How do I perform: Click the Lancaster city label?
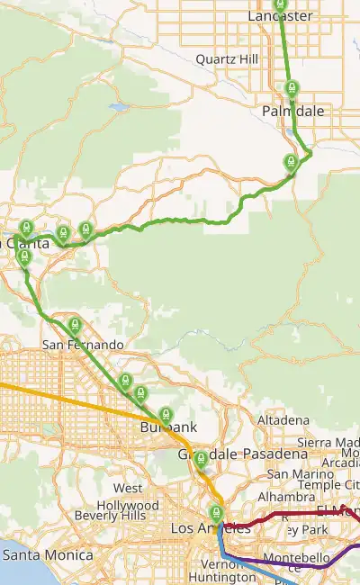point(280,16)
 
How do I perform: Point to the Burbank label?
point(162,430)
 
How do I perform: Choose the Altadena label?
point(283,421)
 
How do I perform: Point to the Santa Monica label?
point(49,556)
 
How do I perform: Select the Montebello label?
point(303,559)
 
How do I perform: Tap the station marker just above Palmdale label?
point(291,88)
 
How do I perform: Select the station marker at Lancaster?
point(280,4)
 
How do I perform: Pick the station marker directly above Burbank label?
point(165,415)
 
